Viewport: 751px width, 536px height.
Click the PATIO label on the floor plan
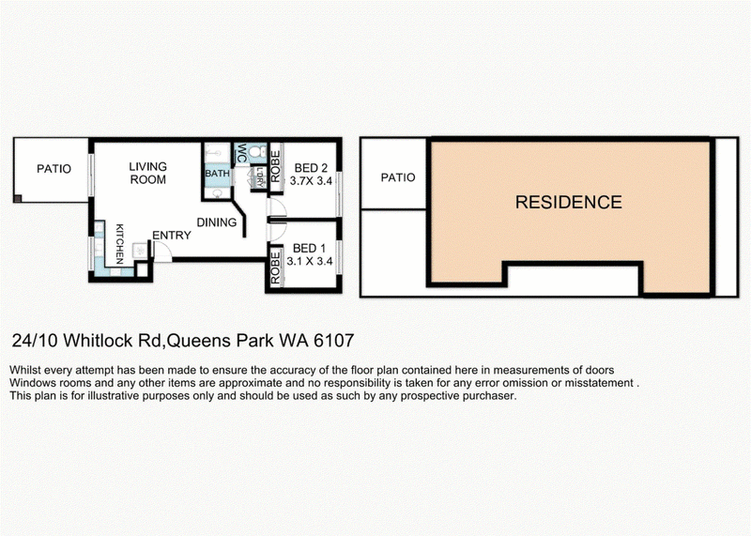tap(54, 169)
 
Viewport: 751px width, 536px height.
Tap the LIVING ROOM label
tap(148, 173)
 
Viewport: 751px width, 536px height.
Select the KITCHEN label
tap(119, 244)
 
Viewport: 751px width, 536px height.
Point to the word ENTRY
tap(172, 236)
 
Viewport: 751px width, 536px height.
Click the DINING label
tap(217, 222)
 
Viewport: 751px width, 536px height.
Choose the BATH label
tap(218, 174)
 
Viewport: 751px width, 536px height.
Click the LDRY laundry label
tap(260, 176)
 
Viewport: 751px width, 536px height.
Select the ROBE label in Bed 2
tap(275, 167)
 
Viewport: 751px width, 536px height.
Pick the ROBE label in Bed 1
tap(275, 268)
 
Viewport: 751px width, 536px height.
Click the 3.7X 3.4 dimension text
tap(311, 181)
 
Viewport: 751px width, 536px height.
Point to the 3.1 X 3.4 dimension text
tap(310, 262)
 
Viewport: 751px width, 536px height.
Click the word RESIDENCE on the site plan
tap(569, 202)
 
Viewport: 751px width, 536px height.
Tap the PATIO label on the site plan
tap(397, 177)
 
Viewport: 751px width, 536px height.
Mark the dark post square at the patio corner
tap(18, 198)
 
